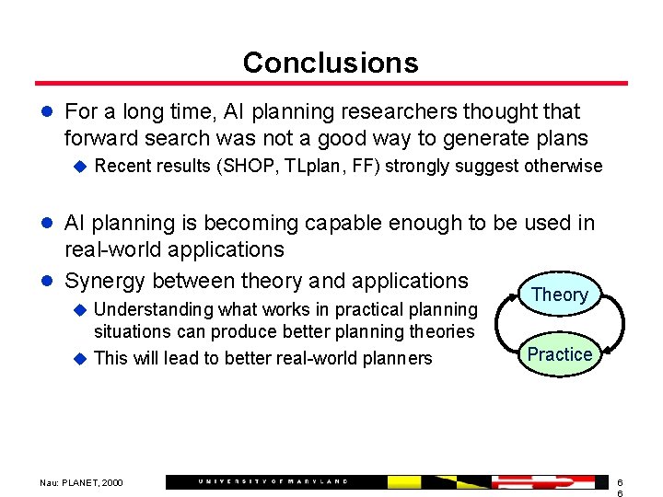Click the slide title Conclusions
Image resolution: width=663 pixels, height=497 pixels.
331,63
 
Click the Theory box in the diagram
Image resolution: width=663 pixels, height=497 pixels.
560,295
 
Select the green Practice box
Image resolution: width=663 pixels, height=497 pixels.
559,354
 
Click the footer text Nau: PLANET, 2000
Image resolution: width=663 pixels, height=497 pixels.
81,482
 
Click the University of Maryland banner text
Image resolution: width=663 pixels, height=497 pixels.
273,481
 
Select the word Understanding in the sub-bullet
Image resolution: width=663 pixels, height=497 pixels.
152,310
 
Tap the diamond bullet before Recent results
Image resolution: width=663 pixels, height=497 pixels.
79,167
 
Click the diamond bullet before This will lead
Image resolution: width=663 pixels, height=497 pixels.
79,358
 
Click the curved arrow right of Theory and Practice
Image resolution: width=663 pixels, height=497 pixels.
618,324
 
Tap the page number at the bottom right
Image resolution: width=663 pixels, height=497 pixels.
620,487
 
